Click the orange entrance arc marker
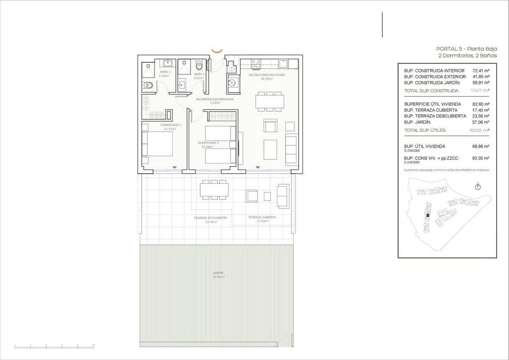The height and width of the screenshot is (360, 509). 217,51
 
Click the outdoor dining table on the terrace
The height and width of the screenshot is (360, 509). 214,189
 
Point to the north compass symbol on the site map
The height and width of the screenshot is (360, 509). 478,187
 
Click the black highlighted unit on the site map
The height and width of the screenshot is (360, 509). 428,215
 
